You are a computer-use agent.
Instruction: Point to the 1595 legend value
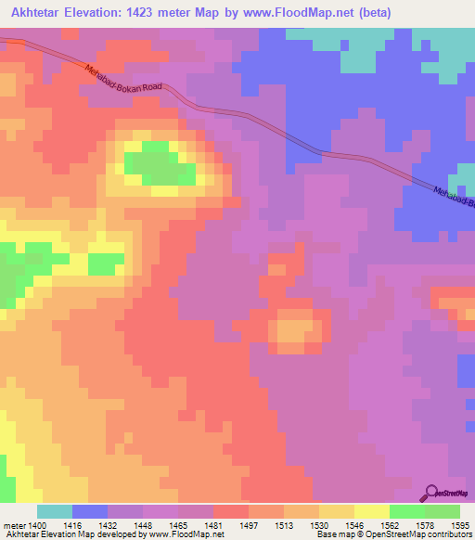[458, 525]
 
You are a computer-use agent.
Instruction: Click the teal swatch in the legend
[55, 511]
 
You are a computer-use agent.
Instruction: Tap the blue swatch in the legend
[90, 511]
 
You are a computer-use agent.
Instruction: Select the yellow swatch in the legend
[372, 511]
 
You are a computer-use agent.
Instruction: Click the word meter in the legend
[16, 525]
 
